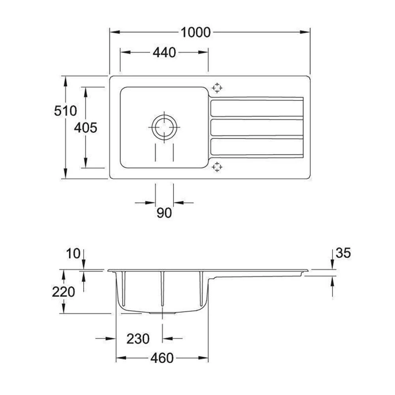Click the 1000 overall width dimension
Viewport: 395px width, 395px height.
coord(196,32)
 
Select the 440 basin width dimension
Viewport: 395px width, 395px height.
coord(164,52)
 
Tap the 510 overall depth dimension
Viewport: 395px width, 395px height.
coord(65,111)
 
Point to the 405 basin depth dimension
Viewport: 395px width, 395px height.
coord(86,128)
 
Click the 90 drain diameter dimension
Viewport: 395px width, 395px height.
coord(164,213)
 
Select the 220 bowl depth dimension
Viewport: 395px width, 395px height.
coord(63,292)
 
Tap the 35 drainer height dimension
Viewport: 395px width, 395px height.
coord(343,253)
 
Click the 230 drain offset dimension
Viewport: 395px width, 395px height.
coord(138,339)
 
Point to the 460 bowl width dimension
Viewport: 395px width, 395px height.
coord(162,358)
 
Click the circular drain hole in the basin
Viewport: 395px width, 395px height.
coord(164,127)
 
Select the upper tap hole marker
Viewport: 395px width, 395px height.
coord(217,88)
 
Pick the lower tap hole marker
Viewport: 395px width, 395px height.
coord(217,167)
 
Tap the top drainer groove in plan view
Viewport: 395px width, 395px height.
coord(257,108)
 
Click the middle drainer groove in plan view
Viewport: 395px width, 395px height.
coord(257,127)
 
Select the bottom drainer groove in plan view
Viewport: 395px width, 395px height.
coord(257,147)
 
